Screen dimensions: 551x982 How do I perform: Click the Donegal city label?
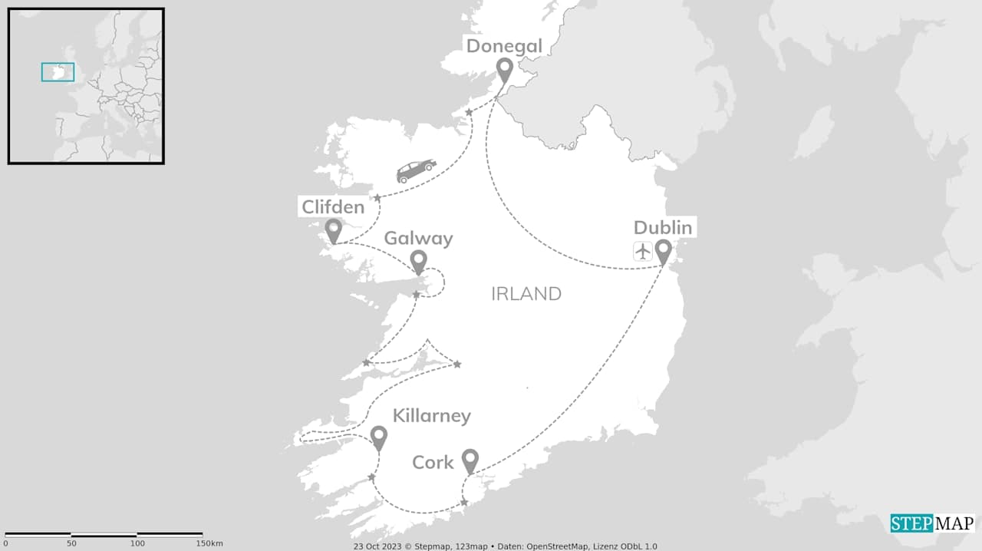pos(504,46)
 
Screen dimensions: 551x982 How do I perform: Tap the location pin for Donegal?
pos(504,70)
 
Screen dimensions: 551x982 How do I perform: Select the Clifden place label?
pos(332,206)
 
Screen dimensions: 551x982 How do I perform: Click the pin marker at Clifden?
pos(333,230)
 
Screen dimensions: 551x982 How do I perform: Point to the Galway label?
pos(418,239)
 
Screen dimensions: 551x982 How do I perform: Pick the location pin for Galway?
pos(418,262)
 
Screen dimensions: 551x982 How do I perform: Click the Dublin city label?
pos(663,228)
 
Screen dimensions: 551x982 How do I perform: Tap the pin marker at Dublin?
pos(663,252)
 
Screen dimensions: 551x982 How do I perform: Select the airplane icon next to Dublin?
pos(643,251)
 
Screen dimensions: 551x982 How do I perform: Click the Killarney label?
pos(431,416)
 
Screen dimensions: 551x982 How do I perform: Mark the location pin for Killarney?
pos(378,438)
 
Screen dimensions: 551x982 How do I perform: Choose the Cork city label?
pos(433,463)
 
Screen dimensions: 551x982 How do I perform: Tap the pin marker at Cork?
pos(470,460)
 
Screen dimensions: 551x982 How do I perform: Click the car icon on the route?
pos(416,170)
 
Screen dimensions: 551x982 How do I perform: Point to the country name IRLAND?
pos(526,294)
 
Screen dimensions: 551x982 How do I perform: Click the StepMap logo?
pos(932,523)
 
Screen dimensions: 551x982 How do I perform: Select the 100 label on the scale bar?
pos(137,543)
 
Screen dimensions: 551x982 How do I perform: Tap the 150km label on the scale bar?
pos(208,543)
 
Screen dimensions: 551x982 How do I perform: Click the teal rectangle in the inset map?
pos(58,72)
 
